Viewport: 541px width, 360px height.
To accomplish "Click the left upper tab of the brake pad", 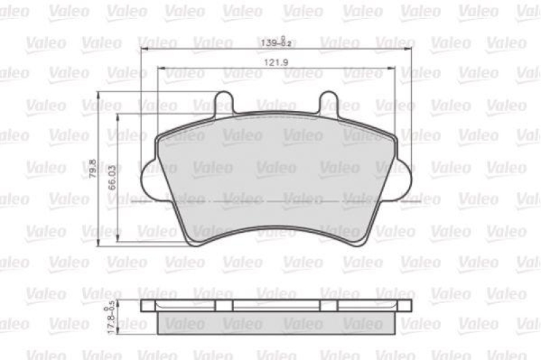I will click(x=225, y=102).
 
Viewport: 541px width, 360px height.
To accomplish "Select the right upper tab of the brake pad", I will click(x=328, y=102).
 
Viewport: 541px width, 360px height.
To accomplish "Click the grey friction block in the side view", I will click(x=276, y=323).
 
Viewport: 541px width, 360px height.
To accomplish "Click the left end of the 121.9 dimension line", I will click(x=157, y=68).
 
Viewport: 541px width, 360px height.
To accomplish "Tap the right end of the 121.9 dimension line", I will click(x=395, y=68).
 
